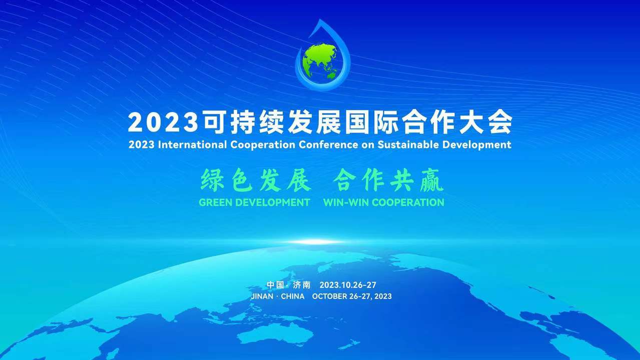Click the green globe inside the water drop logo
(320, 61)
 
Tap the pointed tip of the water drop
(321, 19)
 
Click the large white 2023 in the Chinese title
(163, 122)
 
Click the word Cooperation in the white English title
(263, 144)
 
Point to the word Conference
(328, 144)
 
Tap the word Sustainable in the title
(408, 144)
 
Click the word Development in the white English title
(477, 144)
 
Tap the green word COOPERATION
(408, 202)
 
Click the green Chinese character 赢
(432, 180)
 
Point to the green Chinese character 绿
(212, 179)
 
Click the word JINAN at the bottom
(262, 296)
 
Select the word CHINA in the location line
(293, 296)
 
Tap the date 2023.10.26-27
(348, 285)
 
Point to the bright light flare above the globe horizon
(314, 242)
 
